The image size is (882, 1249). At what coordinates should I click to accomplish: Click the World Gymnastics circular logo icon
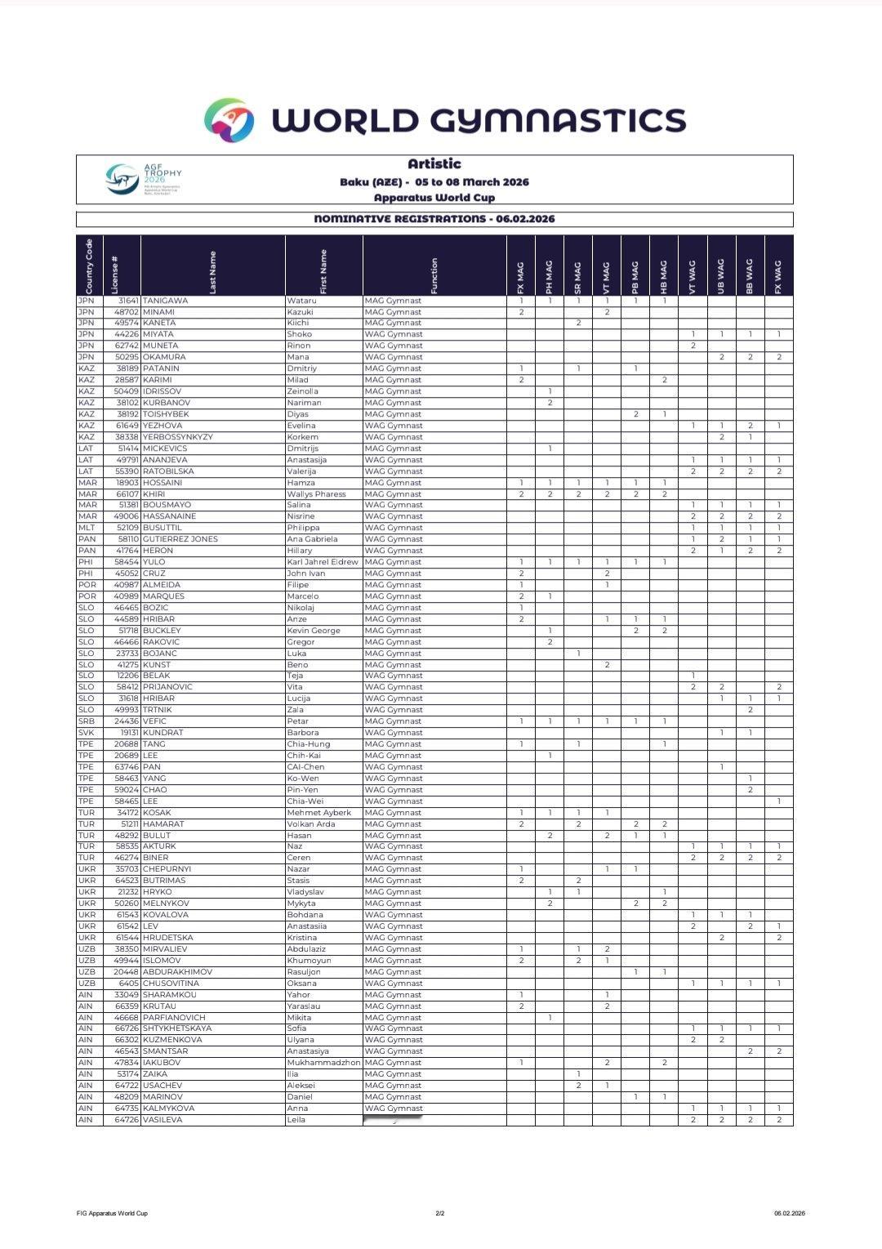(229, 120)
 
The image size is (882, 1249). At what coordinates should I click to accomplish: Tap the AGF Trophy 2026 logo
(144, 179)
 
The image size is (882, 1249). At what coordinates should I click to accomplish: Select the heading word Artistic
(434, 164)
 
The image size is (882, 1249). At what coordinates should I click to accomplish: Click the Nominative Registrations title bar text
(434, 219)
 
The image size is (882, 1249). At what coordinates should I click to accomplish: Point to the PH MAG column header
(550, 277)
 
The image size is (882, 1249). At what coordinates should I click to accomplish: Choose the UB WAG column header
(721, 277)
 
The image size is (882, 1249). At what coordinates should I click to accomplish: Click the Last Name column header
(213, 272)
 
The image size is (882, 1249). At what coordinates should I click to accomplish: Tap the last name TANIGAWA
(165, 301)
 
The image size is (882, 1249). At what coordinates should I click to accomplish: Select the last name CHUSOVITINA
(171, 984)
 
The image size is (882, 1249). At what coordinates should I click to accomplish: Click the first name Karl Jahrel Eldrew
(323, 562)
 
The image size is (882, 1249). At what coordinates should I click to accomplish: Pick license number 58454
(127, 562)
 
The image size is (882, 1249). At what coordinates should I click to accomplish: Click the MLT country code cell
(87, 528)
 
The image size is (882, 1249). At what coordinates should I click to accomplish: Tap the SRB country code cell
(86, 721)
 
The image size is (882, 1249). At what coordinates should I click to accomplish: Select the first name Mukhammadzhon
(323, 1063)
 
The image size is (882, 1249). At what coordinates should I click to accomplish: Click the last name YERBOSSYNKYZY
(177, 437)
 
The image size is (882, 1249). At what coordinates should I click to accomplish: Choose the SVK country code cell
(86, 733)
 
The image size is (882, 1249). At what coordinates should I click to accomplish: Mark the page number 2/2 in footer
(440, 1213)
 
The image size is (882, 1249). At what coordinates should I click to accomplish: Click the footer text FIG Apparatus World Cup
(112, 1213)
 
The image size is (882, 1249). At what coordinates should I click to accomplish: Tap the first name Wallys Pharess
(316, 494)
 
